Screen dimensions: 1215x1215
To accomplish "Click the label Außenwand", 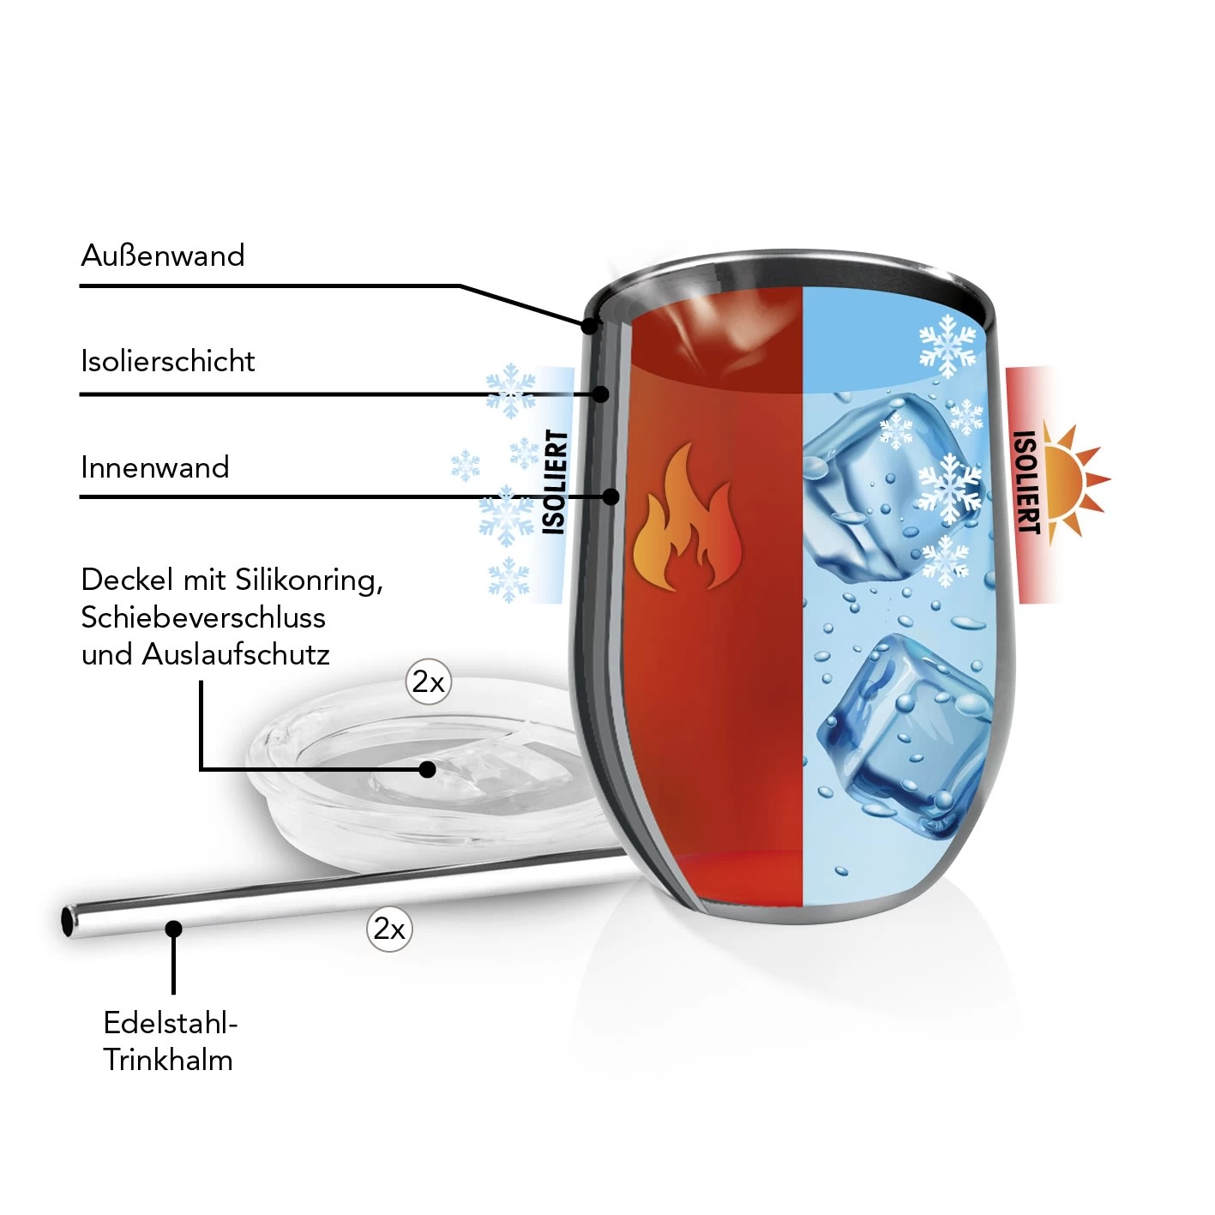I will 163,256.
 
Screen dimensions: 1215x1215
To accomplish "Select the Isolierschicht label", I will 168,361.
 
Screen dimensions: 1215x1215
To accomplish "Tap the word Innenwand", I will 155,467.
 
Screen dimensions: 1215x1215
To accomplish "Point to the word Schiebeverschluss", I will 203,617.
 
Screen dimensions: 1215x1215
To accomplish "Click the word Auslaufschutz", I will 236,654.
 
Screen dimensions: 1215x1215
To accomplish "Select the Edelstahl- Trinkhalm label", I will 169,1041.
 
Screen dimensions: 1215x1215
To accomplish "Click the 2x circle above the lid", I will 428,683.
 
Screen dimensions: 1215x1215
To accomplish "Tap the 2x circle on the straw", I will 389,929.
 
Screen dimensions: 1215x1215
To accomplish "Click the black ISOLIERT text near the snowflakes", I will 556,482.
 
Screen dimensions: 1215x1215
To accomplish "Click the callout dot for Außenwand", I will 589,326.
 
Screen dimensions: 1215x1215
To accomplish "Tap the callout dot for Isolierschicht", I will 601,394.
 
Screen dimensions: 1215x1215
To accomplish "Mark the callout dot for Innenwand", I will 611,496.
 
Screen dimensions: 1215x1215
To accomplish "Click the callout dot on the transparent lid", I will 427,769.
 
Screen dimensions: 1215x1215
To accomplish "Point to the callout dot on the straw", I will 173,929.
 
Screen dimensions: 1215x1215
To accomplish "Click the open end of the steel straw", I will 69,922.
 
